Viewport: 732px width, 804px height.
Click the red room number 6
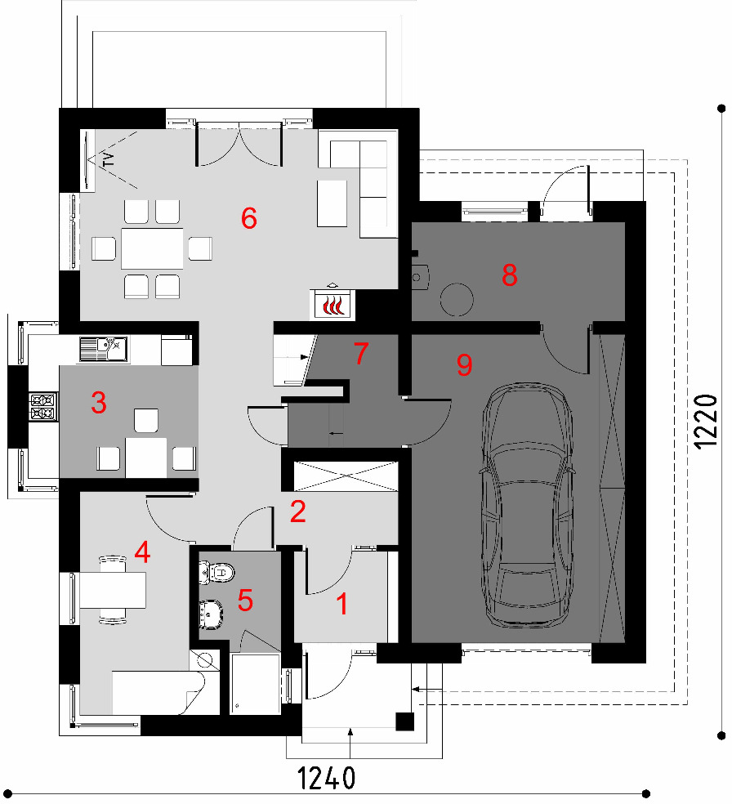coord(249,218)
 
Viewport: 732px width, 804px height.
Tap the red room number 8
coord(510,275)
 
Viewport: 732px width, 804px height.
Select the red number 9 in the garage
coord(464,365)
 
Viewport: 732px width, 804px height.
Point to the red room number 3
coord(99,403)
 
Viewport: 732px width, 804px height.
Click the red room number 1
coord(342,604)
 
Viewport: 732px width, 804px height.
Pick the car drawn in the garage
coord(526,505)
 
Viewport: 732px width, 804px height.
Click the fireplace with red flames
coord(333,305)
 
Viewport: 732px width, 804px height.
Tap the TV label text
coord(108,159)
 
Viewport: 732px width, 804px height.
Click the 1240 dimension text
coord(326,779)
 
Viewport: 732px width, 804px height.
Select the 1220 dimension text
coord(705,422)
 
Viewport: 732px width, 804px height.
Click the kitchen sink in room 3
coord(104,349)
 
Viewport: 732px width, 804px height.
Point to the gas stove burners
coord(43,407)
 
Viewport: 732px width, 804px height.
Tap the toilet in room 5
coord(216,572)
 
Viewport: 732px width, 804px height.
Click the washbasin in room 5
coord(211,614)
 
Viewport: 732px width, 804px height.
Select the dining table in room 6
coord(152,248)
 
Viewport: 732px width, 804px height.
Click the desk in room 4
coord(113,590)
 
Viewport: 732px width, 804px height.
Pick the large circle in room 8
coord(457,300)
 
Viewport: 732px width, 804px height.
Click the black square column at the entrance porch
coord(405,721)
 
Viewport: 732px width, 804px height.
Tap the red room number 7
coord(361,353)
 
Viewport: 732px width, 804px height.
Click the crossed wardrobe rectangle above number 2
coord(346,476)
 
